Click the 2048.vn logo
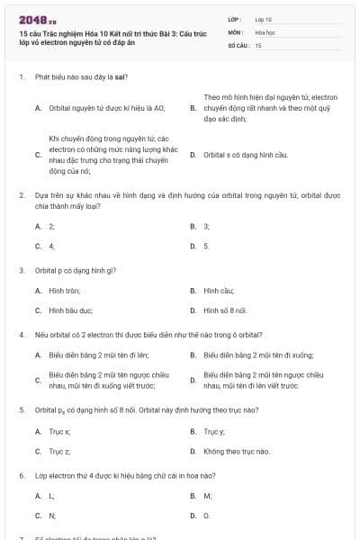click(x=32, y=19)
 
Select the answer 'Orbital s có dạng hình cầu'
click(x=232, y=155)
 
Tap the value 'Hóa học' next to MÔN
click(x=265, y=31)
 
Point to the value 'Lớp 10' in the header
click(x=264, y=18)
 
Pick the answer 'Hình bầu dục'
click(x=71, y=310)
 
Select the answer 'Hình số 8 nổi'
click(x=225, y=310)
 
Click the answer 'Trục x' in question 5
click(x=59, y=432)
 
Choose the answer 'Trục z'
click(x=59, y=451)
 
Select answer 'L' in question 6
click(x=51, y=496)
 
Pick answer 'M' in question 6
click(x=207, y=496)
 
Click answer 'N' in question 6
click(x=52, y=516)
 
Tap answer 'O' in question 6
click(x=206, y=516)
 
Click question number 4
click(x=21, y=335)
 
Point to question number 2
click(x=21, y=194)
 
